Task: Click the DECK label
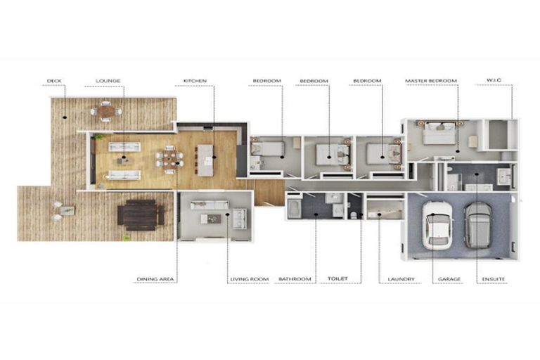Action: coord(54,81)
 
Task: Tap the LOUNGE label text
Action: coord(108,81)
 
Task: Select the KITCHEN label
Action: coord(195,81)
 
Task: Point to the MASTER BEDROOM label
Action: coord(430,81)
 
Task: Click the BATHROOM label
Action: coord(295,279)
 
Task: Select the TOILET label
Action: coord(337,279)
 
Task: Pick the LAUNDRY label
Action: coord(401,279)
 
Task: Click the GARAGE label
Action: coord(449,279)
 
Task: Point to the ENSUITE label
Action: coord(493,279)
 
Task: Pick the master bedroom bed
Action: coord(439,134)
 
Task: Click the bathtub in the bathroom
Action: coord(295,209)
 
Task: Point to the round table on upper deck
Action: coord(105,110)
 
